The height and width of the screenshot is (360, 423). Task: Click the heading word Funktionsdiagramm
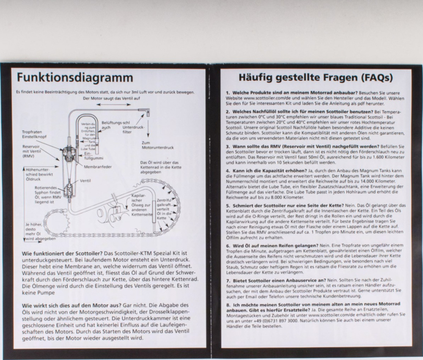click(74, 78)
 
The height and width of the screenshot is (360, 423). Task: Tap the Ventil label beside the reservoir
click(85, 181)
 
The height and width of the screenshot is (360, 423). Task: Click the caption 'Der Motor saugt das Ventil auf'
click(111, 98)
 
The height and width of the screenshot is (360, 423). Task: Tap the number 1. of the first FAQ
click(228, 92)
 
